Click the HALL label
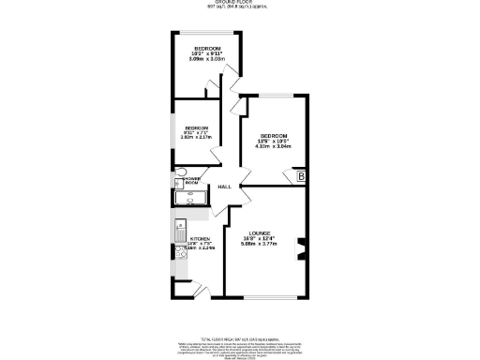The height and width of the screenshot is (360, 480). [225, 187]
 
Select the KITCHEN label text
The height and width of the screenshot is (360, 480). [200, 239]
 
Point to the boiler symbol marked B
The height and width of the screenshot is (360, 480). [301, 176]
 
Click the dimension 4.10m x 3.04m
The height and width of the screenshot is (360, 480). [274, 147]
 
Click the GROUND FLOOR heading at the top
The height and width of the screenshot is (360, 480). [241, 3]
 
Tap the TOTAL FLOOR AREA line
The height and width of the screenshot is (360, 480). [241, 338]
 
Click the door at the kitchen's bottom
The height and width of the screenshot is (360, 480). [198, 297]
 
